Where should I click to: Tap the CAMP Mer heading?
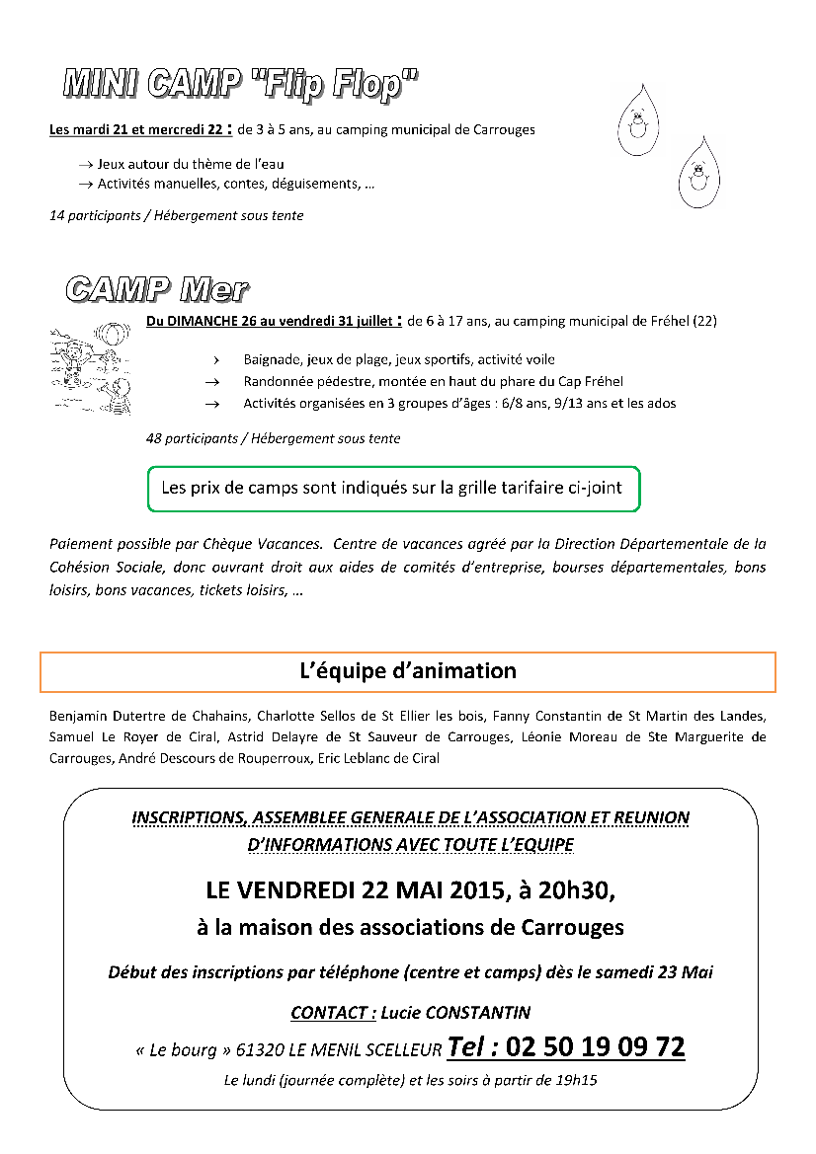pyautogui.click(x=157, y=289)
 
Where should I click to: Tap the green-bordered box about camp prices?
pyautogui.click(x=393, y=489)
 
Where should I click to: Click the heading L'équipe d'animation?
pyautogui.click(x=408, y=671)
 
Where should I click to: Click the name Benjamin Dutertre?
pyautogui.click(x=104, y=716)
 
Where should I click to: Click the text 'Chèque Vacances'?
pyautogui.click(x=272, y=544)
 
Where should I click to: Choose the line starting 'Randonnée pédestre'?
pyautogui.click(x=433, y=381)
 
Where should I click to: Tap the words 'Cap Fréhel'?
pyautogui.click(x=591, y=381)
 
